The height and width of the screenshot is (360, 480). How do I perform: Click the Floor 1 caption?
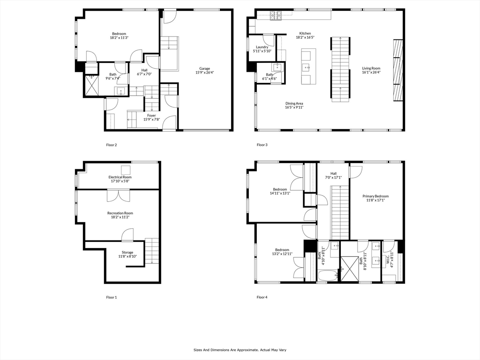[112, 297]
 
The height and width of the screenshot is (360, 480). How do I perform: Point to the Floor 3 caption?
[262, 145]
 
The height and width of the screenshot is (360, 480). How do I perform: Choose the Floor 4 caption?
[262, 297]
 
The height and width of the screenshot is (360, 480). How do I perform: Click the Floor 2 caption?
[112, 145]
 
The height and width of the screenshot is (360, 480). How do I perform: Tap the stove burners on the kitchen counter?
[276, 15]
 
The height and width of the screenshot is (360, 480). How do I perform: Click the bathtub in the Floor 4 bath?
[328, 275]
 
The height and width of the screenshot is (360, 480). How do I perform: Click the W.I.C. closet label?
[389, 259]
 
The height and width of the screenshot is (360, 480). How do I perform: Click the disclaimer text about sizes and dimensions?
[240, 350]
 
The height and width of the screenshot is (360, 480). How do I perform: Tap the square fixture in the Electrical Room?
[126, 170]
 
